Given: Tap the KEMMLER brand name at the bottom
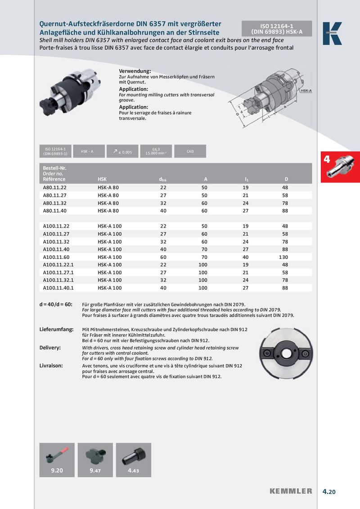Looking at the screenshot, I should pyautogui.click(x=291, y=491).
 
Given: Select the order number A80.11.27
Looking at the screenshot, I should pyautogui.click(x=54, y=195).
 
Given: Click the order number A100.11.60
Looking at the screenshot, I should pyautogui.click(x=56, y=257).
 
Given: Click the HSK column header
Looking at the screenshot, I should pyautogui.click(x=102, y=179).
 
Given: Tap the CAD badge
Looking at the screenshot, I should pyautogui.click(x=190, y=152).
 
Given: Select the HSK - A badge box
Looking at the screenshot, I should pyautogui.click(x=87, y=152).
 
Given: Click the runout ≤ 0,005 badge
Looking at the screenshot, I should pyautogui.click(x=122, y=152).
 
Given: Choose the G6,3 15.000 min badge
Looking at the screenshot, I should pyautogui.click(x=156, y=152).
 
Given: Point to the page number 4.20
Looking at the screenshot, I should pyautogui.click(x=329, y=491).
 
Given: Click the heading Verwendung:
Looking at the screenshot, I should pyautogui.click(x=135, y=71).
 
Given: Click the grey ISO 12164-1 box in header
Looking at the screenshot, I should pyautogui.click(x=277, y=28).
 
